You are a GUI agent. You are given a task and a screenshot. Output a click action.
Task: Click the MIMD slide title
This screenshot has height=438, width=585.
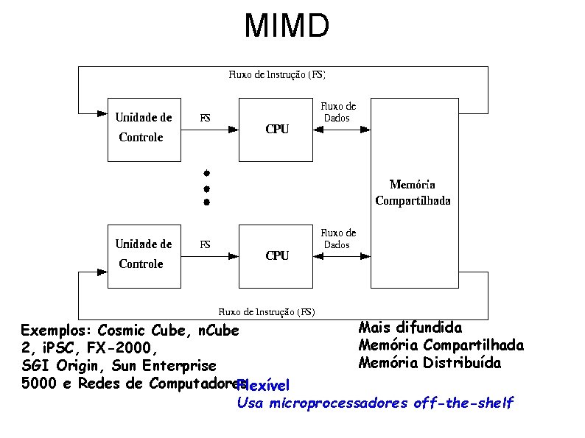pos(287,27)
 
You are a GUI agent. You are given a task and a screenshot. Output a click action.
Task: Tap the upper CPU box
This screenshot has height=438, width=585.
pos(277,129)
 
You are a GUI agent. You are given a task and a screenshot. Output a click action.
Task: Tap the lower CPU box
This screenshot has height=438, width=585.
pos(277,255)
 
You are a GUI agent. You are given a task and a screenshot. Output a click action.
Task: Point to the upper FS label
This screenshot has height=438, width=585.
pos(206,118)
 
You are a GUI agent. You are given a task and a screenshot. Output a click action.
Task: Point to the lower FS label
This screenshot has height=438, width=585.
pos(206,244)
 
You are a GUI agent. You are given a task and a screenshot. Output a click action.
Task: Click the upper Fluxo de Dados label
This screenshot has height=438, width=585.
pos(338,113)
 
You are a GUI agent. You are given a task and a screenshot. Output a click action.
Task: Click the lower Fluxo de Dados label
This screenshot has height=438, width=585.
pos(338,239)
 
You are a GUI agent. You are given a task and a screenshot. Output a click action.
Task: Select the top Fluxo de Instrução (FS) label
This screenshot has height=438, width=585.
pos(277,74)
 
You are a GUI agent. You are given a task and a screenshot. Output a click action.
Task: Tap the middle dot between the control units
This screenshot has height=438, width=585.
pos(207,188)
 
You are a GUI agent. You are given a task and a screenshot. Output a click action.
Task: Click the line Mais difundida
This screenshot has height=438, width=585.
pos(410,327)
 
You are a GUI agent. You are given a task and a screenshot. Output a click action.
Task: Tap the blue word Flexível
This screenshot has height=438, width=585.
pos(265,386)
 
